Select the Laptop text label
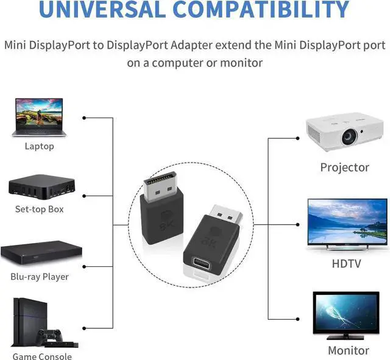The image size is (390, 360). click(x=40, y=146)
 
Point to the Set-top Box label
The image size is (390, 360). click(x=40, y=210)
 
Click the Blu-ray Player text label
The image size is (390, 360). click(x=40, y=277)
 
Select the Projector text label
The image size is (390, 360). click(x=345, y=168)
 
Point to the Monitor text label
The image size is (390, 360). click(x=348, y=350)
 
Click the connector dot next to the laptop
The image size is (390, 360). click(x=83, y=117)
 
